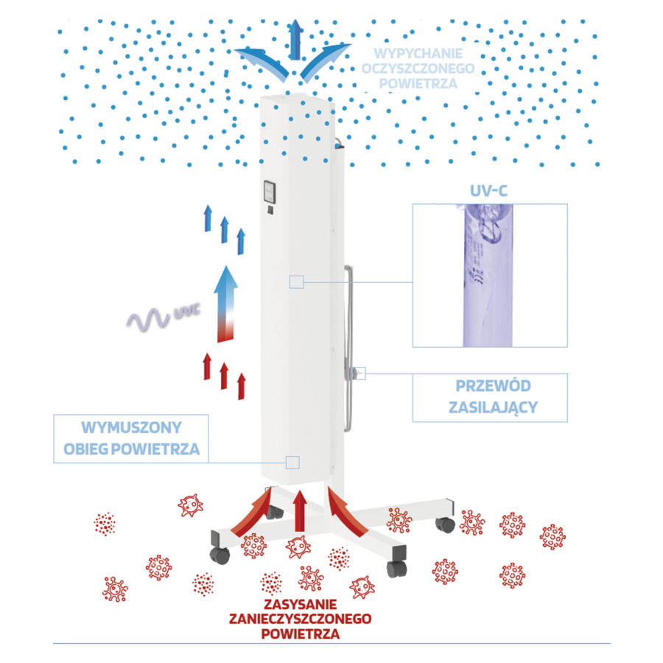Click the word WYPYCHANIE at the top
coord(417,54)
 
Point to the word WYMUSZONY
coord(131,428)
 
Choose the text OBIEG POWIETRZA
coord(131,449)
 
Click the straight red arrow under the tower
coord(298,511)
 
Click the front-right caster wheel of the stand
coord(397,567)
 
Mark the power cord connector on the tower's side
coord(357,373)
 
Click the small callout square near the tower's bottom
coord(292,462)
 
